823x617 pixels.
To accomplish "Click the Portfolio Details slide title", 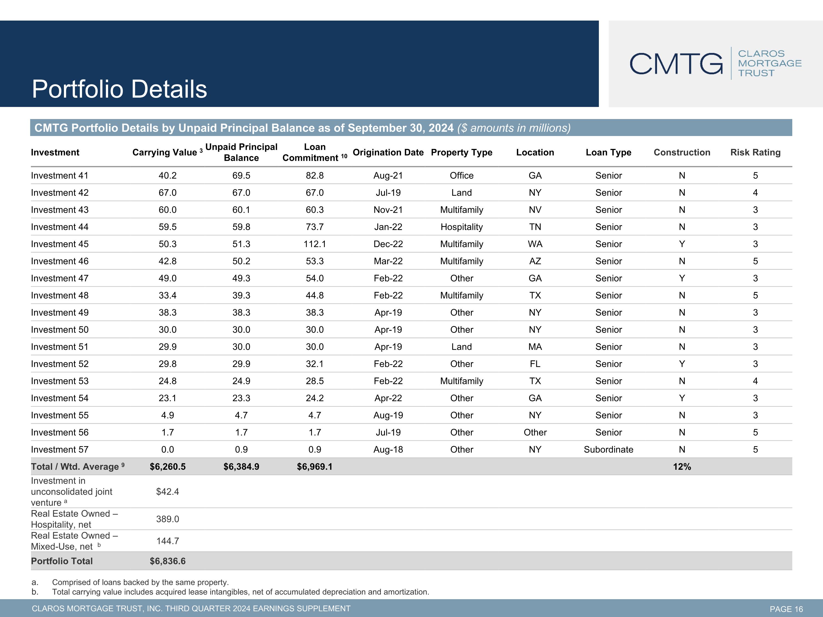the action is click(x=119, y=89).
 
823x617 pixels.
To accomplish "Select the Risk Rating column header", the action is click(x=755, y=152).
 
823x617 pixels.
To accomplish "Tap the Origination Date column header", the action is click(x=388, y=152).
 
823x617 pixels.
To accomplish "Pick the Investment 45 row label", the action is click(x=60, y=244).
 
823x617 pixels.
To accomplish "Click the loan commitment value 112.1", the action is click(x=315, y=244).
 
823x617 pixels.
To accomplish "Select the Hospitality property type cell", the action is click(x=462, y=227).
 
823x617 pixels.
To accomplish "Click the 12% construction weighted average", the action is click(x=682, y=467).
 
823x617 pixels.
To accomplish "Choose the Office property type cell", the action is click(x=462, y=176).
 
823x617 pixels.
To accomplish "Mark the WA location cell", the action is click(x=535, y=244).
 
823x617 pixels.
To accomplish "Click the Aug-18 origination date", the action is click(x=388, y=449).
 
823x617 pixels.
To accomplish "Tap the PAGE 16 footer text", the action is click(x=786, y=609).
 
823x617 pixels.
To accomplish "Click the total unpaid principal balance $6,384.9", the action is click(x=241, y=467).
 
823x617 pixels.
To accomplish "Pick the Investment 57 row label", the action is click(x=60, y=449).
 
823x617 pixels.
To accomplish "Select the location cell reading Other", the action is click(x=535, y=432).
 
